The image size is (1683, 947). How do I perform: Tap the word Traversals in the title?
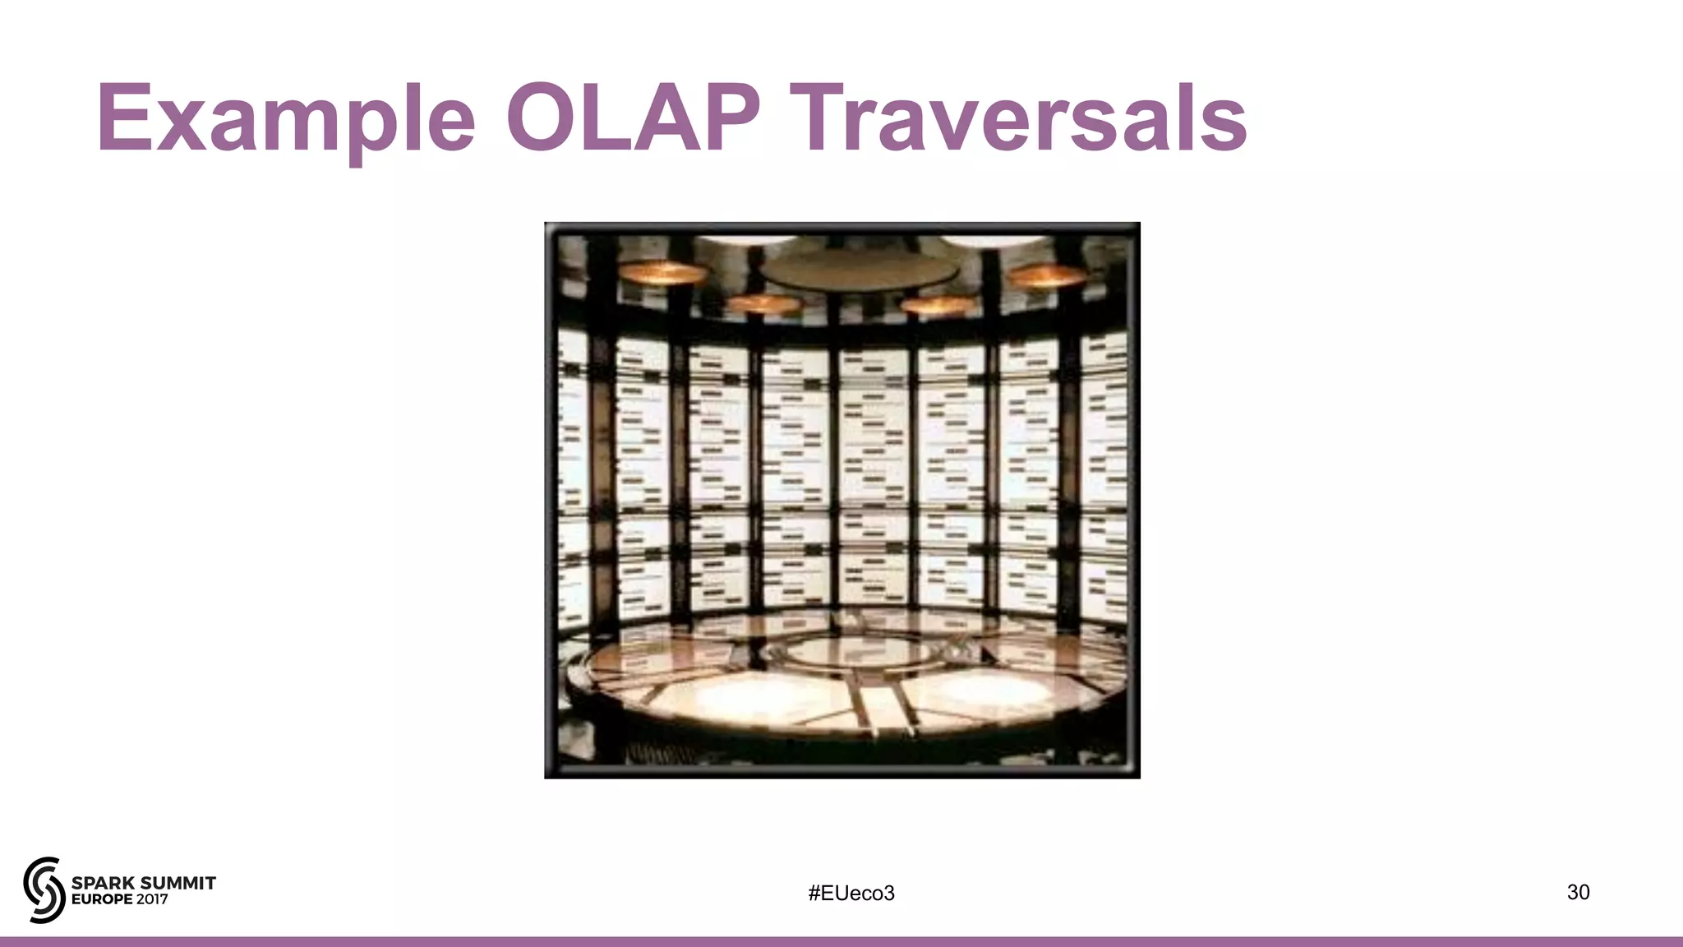tap(1023, 119)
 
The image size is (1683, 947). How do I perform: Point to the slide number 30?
tap(1578, 892)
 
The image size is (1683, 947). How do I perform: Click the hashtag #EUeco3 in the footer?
tap(851, 893)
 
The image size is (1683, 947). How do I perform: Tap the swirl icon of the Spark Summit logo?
tap(44, 889)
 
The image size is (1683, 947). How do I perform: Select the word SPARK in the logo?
tap(103, 883)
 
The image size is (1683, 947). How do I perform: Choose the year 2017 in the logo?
tap(152, 899)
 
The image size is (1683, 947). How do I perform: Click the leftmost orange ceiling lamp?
tap(662, 272)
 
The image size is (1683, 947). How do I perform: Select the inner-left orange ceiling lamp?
tap(763, 303)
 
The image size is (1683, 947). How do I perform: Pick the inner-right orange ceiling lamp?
tap(937, 305)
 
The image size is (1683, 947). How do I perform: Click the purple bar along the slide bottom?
tap(841, 941)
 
